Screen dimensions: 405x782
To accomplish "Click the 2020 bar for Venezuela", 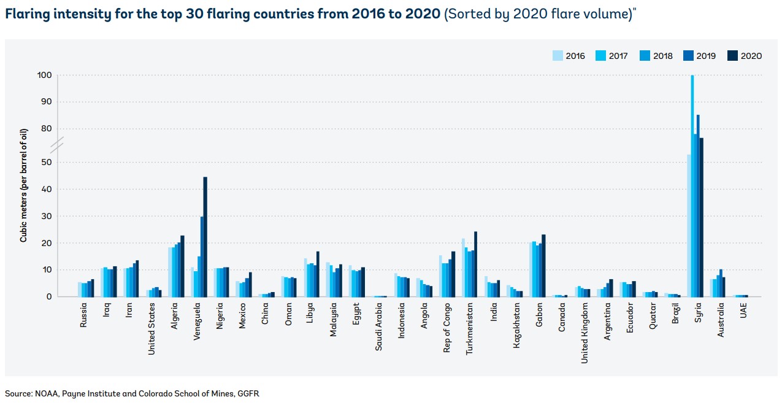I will point(205,237).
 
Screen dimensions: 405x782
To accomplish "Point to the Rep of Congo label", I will point(447,328).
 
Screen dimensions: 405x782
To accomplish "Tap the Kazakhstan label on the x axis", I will point(517,326).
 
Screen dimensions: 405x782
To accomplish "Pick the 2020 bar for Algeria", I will point(182,266).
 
